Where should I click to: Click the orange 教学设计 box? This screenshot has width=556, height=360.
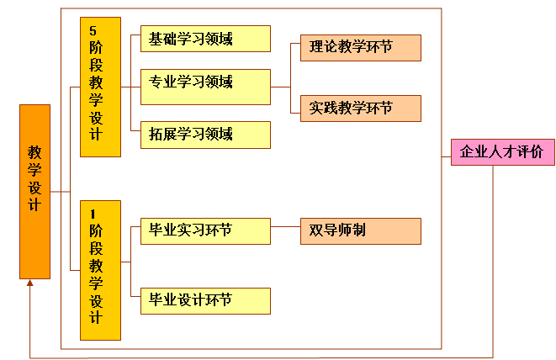pos(34,191)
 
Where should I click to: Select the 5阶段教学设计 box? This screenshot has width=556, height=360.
pos(100,87)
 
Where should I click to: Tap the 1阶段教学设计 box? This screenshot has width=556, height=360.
pos(100,269)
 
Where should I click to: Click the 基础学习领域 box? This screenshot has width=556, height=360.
pos(205,39)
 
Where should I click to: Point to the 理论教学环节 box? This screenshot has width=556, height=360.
pos(360,48)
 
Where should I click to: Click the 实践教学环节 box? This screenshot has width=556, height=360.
pos(360,109)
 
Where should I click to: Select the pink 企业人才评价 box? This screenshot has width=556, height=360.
pos(502,152)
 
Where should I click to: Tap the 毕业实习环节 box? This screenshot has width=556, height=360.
pos(205,231)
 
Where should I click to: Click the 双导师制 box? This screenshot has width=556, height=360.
pos(360,231)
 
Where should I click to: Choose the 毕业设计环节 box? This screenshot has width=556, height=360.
pos(205,300)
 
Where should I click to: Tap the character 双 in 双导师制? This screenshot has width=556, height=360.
pos(315,230)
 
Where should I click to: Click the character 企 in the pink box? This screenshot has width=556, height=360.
pos(466,152)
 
